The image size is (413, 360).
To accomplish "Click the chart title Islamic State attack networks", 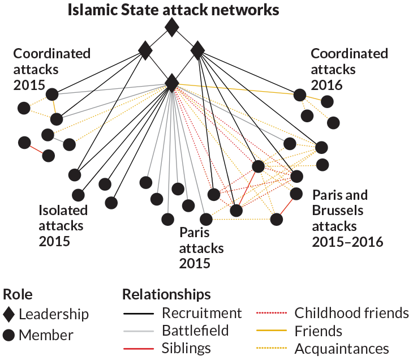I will [174, 10].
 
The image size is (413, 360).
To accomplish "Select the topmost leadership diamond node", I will [171, 27].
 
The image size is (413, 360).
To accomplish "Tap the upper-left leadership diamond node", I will [145, 51].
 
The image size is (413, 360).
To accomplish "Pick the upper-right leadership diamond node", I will [197, 51].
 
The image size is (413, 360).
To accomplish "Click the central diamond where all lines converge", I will [171, 83].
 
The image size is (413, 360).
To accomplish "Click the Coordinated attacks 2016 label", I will [349, 69].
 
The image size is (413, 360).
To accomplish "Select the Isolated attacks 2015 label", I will [63, 225].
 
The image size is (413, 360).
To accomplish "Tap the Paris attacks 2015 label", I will [201, 248].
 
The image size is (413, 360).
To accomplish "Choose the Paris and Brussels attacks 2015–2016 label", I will [347, 218].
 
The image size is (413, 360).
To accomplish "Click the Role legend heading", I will [18, 294].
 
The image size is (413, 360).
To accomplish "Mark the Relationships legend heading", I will [166, 294].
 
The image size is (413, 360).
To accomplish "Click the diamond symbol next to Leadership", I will [8, 314].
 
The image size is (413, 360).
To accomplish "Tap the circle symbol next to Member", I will [8, 335].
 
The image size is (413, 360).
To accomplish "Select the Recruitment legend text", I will [201, 313].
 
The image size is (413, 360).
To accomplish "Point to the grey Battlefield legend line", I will [139, 331].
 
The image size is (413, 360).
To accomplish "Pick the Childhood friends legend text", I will [351, 313].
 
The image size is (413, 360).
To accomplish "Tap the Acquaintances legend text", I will [342, 348].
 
